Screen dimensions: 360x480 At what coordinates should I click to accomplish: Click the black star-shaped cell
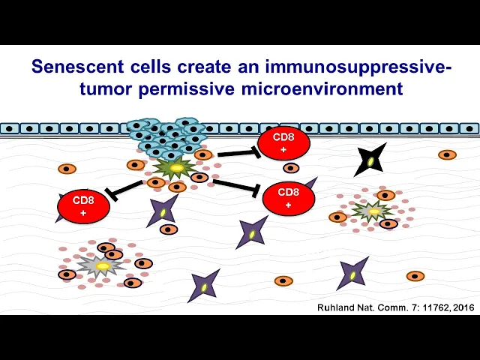(x=370, y=159)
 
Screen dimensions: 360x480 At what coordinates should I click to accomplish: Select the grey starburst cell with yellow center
(x=101, y=265)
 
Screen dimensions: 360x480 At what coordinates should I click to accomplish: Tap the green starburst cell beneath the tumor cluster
(x=175, y=166)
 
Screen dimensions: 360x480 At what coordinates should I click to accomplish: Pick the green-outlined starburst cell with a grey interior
(x=372, y=211)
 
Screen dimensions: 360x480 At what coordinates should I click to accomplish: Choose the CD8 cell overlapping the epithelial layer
(x=283, y=143)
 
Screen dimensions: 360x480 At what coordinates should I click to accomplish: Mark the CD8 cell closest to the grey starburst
(x=83, y=206)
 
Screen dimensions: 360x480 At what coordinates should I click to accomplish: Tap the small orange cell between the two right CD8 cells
(x=291, y=168)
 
